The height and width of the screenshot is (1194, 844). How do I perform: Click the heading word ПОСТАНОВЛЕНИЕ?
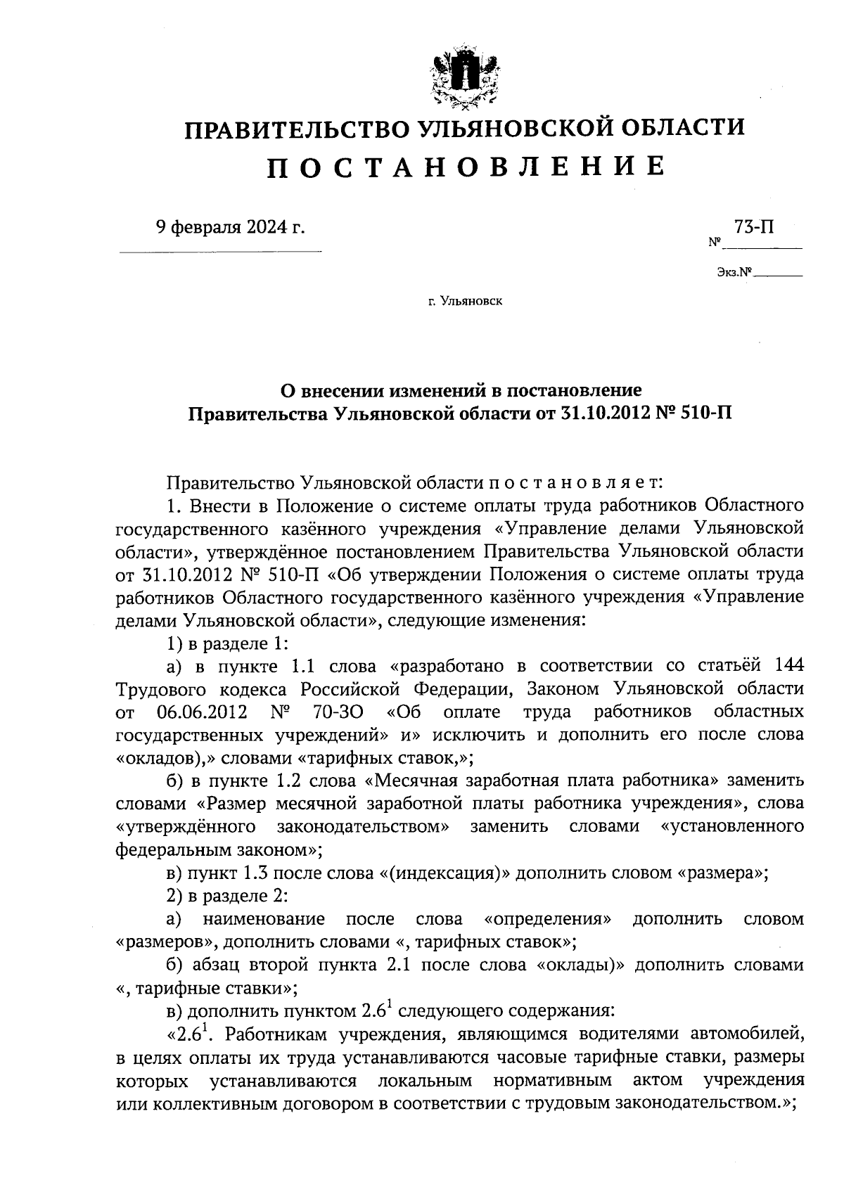pos(464,167)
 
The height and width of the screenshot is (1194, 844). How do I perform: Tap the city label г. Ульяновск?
pos(464,302)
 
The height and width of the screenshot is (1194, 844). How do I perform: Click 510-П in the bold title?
pos(706,413)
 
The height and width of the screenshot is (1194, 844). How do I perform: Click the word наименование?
pos(264,919)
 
